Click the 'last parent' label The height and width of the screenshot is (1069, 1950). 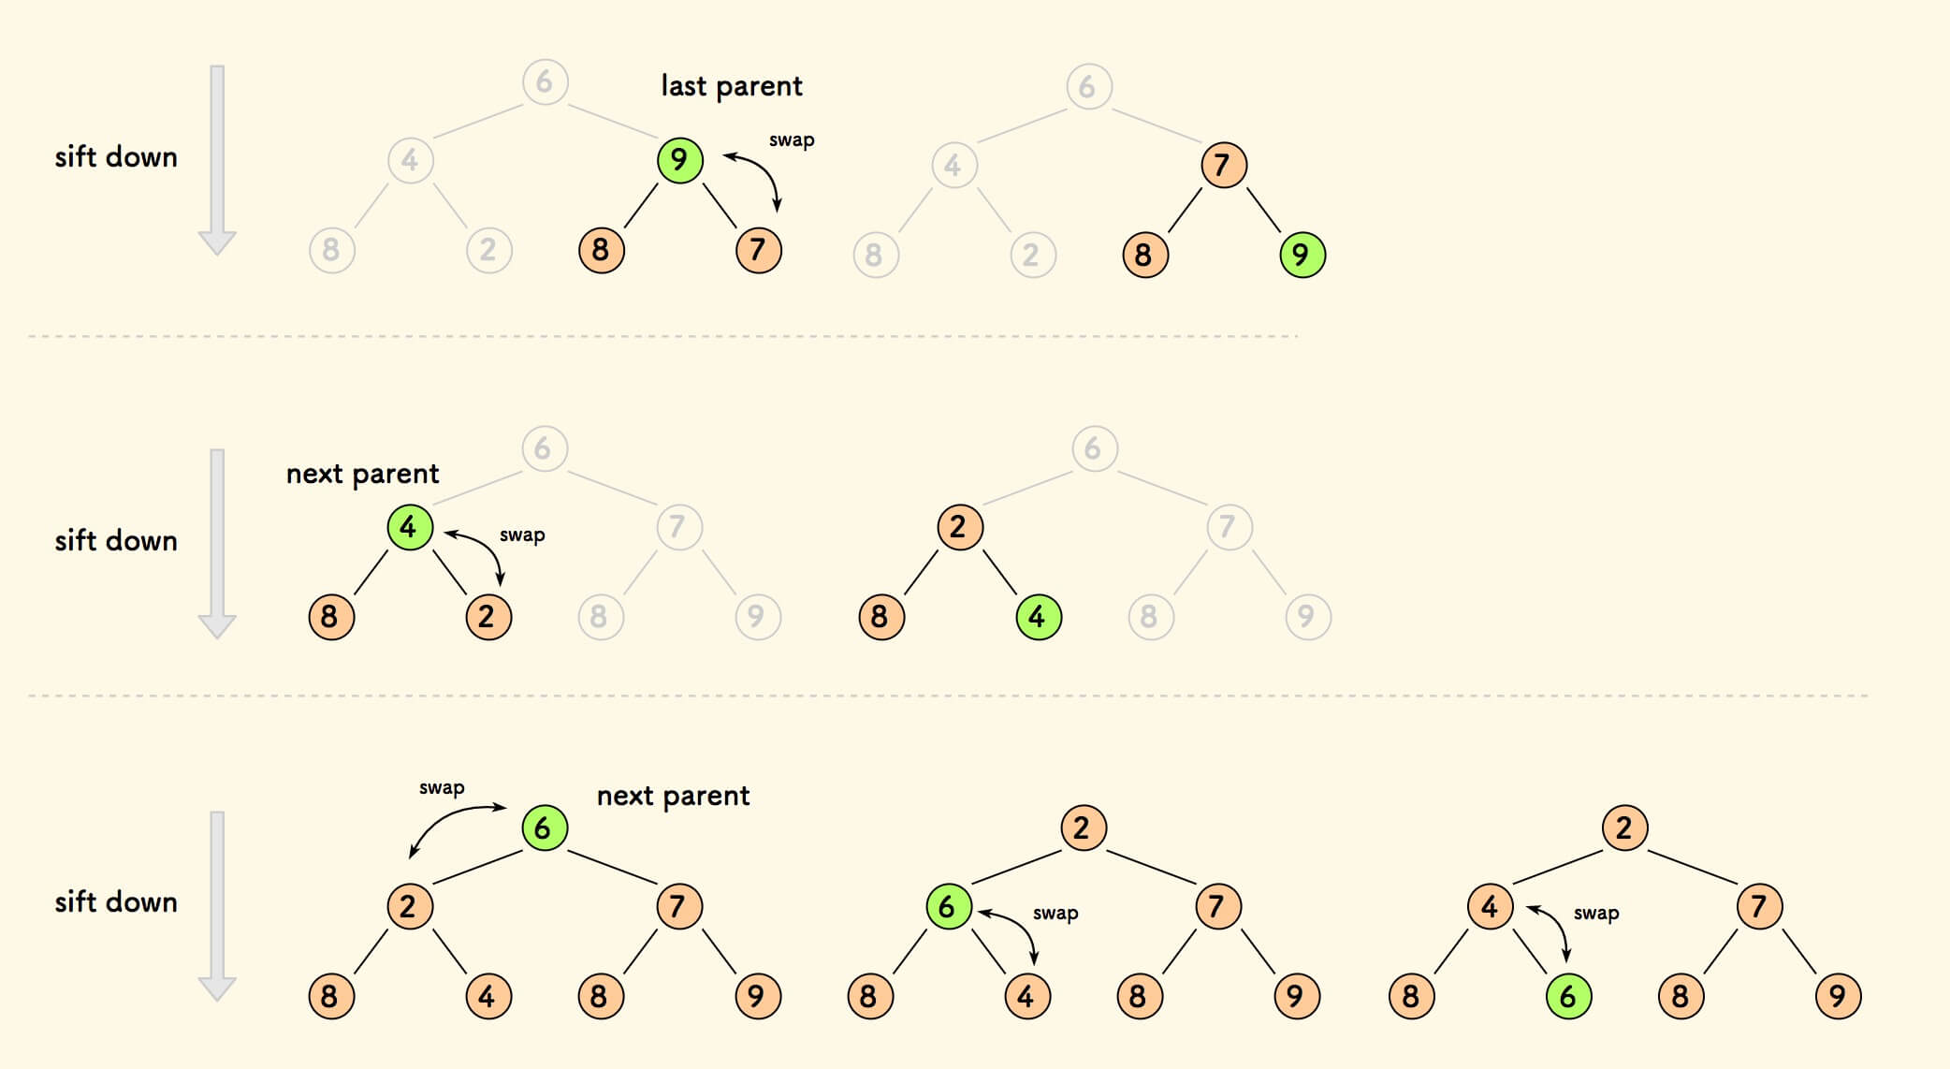click(731, 86)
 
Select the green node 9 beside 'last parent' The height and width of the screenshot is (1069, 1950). click(679, 160)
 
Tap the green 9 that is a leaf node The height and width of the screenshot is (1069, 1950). click(1302, 255)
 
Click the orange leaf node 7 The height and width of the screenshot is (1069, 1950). click(758, 250)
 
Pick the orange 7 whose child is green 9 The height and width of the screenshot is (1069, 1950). click(1223, 166)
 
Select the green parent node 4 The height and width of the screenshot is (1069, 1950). click(410, 527)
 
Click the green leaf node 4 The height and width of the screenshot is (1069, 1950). click(1038, 617)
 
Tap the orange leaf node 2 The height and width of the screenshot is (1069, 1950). click(488, 617)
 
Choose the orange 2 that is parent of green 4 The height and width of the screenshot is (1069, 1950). click(959, 527)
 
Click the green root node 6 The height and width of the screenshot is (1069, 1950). click(545, 828)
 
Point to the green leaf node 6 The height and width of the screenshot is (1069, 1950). click(1568, 996)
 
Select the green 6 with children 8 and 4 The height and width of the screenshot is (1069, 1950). click(948, 906)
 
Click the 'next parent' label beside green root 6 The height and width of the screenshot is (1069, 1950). click(673, 796)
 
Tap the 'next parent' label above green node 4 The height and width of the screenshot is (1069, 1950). click(362, 474)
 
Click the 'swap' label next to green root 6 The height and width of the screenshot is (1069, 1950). click(442, 788)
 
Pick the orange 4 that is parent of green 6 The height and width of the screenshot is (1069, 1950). click(1490, 906)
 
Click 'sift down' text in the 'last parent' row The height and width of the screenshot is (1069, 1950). click(116, 157)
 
